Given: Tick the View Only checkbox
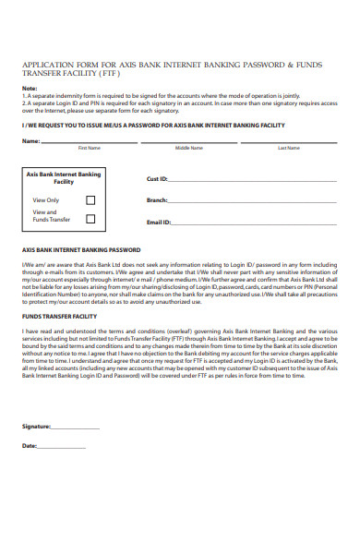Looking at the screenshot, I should pyautogui.click(x=90, y=199).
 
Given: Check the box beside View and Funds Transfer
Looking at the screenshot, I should pyautogui.click(x=90, y=219).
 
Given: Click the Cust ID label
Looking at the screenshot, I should pyautogui.click(x=157, y=179).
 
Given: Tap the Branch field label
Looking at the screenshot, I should pyautogui.click(x=157, y=200).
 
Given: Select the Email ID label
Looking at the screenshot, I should pyautogui.click(x=159, y=223).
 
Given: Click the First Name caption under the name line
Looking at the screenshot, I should pyautogui.click(x=89, y=148).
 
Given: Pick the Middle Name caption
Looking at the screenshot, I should pyautogui.click(x=188, y=148).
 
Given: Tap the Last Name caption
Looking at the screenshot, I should pyautogui.click(x=288, y=148).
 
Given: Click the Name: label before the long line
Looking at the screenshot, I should pyautogui.click(x=30, y=141).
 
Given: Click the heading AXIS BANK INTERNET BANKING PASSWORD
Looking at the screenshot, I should pyautogui.click(x=80, y=250).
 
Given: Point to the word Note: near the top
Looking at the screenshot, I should pyautogui.click(x=30, y=89).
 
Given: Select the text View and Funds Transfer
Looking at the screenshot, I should pyautogui.click(x=51, y=216).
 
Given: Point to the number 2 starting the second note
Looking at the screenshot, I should pyautogui.click(x=23, y=102).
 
